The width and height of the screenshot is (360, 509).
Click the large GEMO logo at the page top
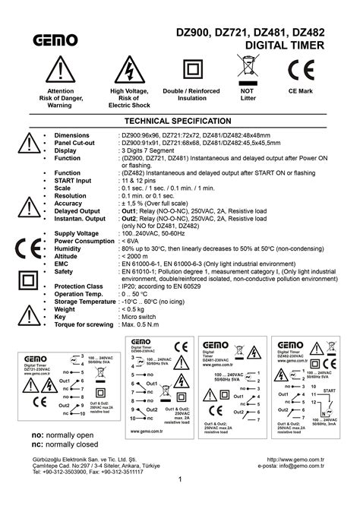coord(55,40)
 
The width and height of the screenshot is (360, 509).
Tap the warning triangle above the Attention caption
coord(60,72)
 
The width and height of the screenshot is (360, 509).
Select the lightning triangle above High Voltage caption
coord(130,72)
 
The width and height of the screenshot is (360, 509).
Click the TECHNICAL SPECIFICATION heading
coord(180,121)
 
